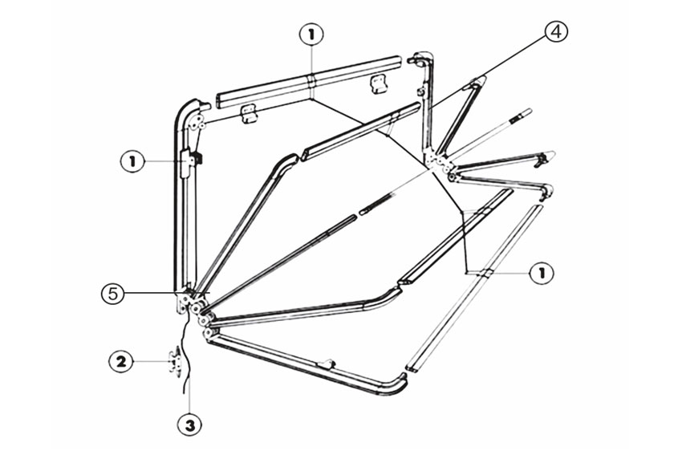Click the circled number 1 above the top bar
click(311, 35)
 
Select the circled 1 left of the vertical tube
click(132, 161)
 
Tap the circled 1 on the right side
click(542, 273)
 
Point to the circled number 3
click(189, 425)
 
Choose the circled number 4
click(555, 32)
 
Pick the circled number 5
click(113, 294)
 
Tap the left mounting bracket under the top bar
click(250, 115)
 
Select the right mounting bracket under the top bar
click(377, 84)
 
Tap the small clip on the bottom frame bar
click(327, 364)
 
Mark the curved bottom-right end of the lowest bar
click(398, 384)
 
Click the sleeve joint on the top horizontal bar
click(311, 81)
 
